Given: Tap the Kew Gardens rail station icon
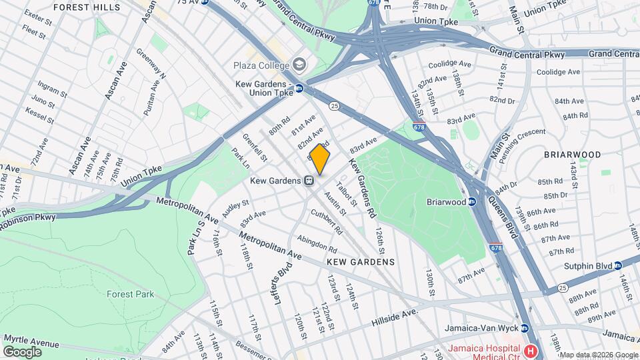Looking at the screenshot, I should coord(309,181).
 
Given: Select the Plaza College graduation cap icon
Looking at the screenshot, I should coord(299,65).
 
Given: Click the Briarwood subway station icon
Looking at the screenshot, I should coord(472,201).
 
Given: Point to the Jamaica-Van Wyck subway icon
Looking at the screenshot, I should coord(525,328).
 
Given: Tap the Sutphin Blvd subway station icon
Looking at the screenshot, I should coord(617,265).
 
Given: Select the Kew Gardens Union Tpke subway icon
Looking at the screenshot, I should coord(299,88).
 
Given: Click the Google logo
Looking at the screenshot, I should coord(22,351).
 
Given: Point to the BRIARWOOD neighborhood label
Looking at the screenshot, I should coord(572,154).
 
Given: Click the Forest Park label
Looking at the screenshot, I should coord(130,294).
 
